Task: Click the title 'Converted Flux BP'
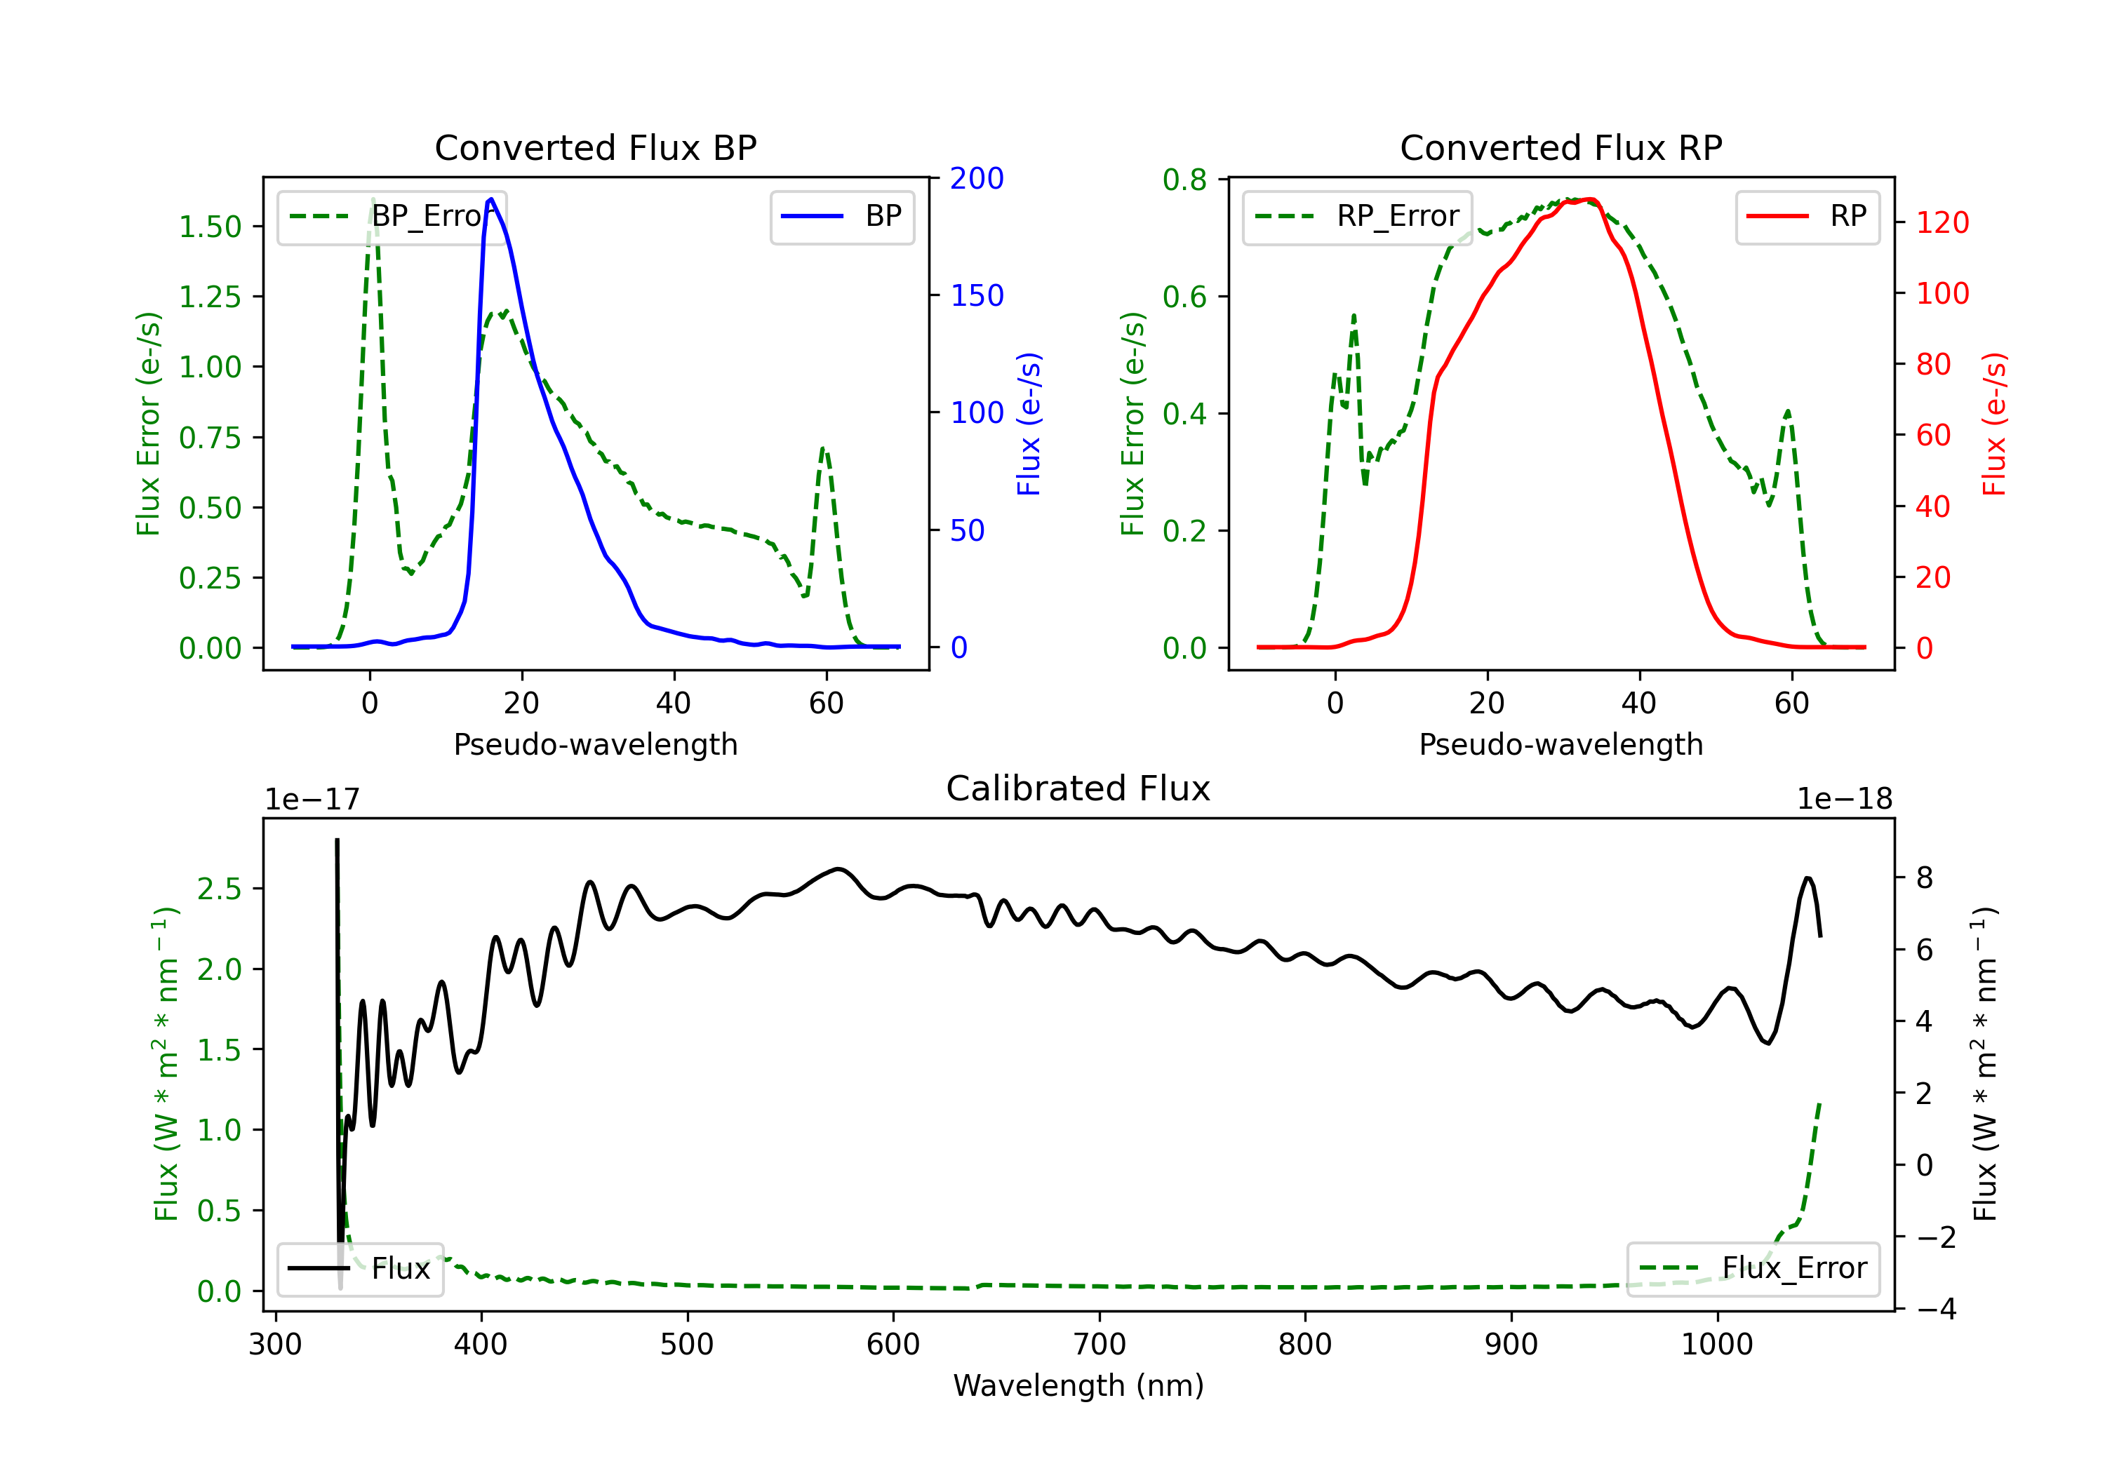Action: point(596,147)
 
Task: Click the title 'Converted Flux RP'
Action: point(1561,147)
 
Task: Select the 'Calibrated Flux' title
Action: point(1078,788)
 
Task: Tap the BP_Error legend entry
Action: point(392,216)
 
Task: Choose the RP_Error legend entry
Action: point(1357,216)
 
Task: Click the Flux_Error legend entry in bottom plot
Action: point(1753,1269)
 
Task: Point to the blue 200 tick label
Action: point(977,179)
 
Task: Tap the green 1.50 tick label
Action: point(210,227)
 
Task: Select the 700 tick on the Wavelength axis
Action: point(1100,1345)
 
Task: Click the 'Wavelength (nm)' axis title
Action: point(1078,1386)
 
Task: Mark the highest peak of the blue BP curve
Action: point(491,199)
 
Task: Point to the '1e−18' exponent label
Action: point(1845,800)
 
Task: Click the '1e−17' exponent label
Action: point(313,800)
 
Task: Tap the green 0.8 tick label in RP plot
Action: point(1184,180)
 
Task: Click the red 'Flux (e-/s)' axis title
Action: point(1994,424)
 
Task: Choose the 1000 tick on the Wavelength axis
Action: point(1717,1345)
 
